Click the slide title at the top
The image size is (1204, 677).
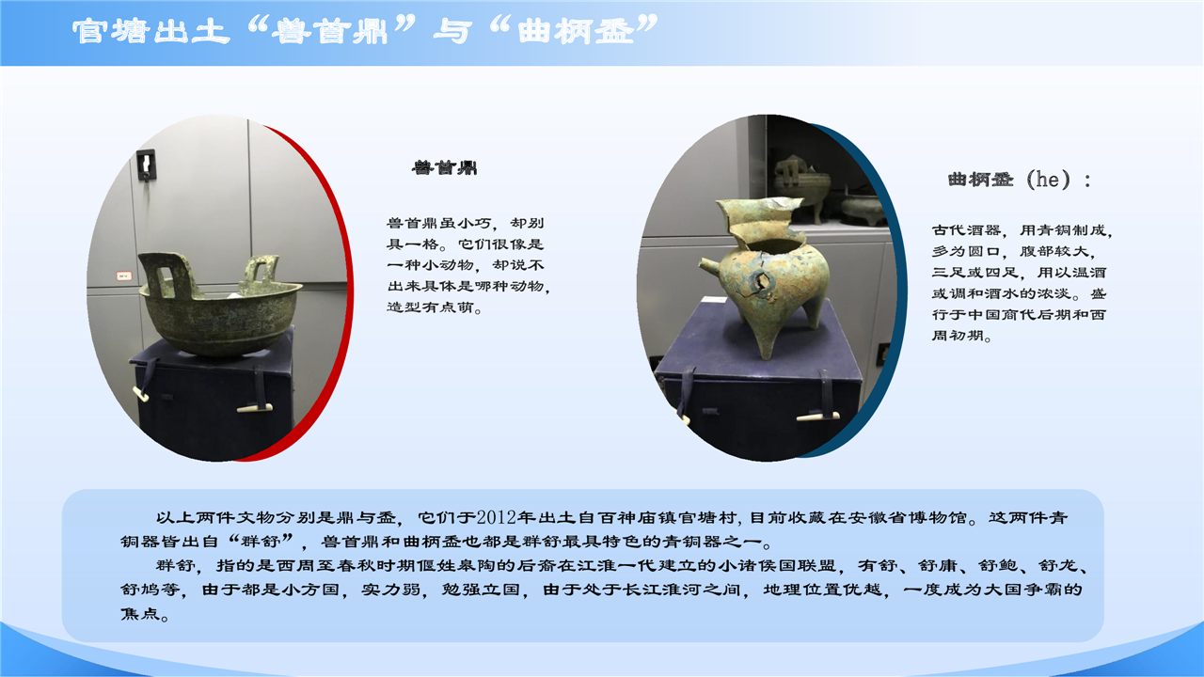click(x=365, y=30)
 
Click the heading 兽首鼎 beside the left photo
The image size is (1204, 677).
click(x=445, y=167)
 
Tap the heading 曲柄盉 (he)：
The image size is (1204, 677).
click(x=1020, y=180)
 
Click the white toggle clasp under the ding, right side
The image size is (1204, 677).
click(x=255, y=409)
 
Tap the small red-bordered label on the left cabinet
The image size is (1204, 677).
click(x=124, y=276)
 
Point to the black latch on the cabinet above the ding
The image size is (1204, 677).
click(x=146, y=165)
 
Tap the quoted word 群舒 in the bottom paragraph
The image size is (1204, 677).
click(x=261, y=541)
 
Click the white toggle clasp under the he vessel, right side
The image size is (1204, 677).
click(x=817, y=417)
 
